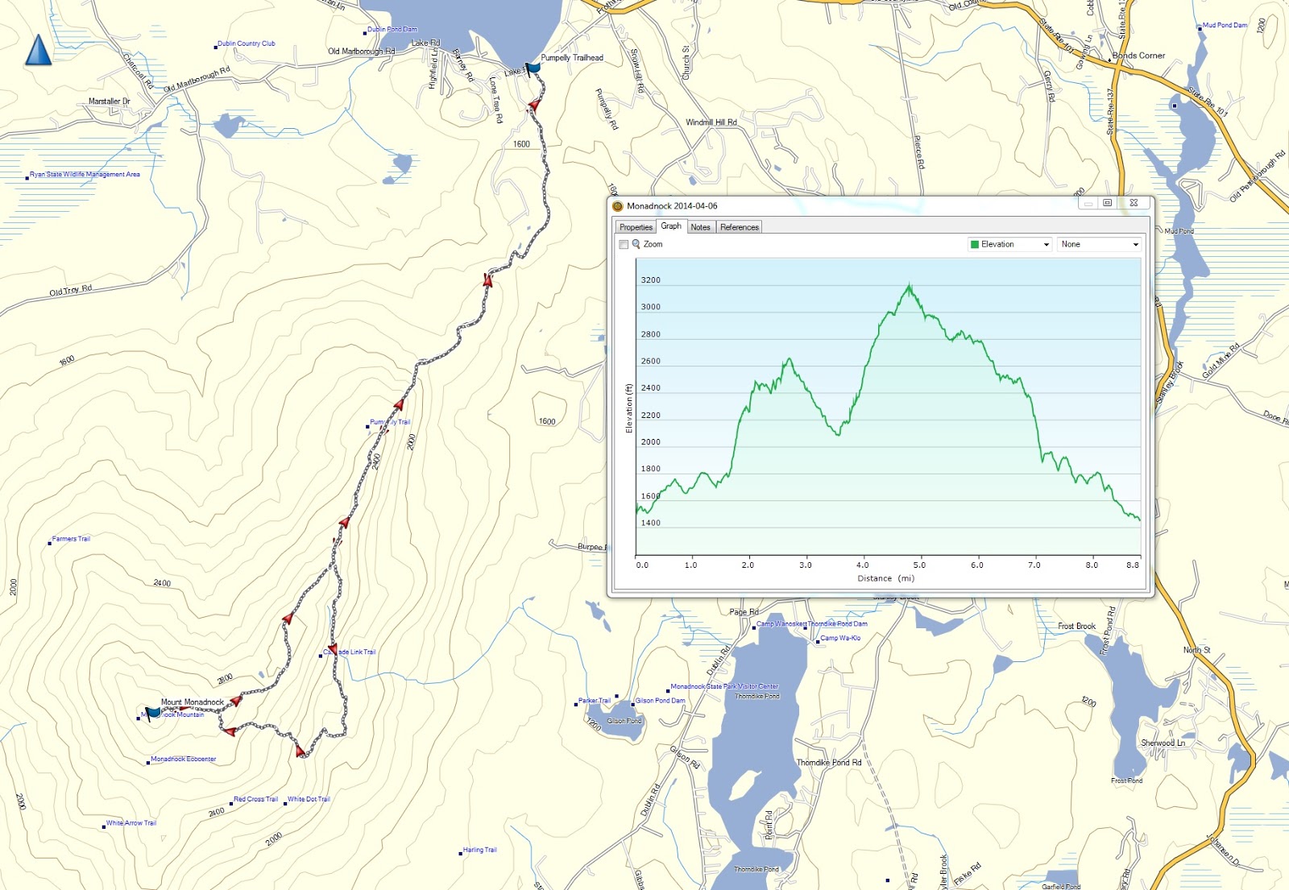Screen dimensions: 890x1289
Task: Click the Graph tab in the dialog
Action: (x=670, y=226)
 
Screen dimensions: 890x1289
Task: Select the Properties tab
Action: (x=636, y=227)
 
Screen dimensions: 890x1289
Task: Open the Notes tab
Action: (x=700, y=227)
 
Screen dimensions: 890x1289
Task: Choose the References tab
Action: (x=739, y=227)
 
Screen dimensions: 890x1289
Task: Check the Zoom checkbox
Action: (x=624, y=245)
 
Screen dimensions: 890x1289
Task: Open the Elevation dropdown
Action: (x=1009, y=244)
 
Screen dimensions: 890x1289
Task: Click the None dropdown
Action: (x=1099, y=244)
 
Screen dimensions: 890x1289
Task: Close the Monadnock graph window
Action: (x=1134, y=203)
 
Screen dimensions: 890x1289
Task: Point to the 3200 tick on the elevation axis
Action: (x=650, y=280)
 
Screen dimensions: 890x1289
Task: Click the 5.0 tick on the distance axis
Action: (x=919, y=565)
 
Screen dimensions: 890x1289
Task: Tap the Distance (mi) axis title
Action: (x=885, y=578)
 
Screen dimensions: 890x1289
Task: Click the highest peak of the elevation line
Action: (x=910, y=285)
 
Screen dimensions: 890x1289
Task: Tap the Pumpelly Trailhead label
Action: (x=571, y=58)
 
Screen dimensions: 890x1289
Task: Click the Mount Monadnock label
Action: (x=192, y=702)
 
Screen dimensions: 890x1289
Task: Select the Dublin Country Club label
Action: (x=246, y=43)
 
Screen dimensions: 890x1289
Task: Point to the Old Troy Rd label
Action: (x=70, y=290)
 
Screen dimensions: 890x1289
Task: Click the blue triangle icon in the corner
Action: (x=38, y=50)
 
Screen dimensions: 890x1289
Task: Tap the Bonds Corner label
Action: (x=1138, y=56)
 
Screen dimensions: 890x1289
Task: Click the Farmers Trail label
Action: (x=71, y=539)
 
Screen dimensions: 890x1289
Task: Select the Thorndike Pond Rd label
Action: (x=828, y=763)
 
